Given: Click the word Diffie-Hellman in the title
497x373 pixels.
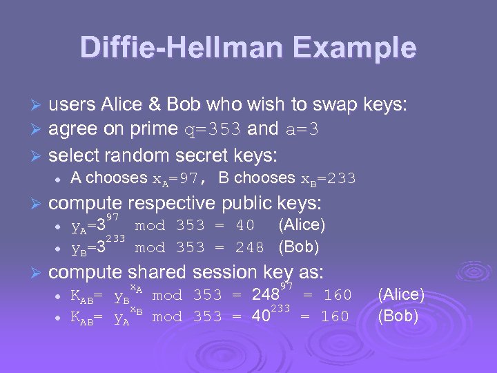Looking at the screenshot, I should [181, 48].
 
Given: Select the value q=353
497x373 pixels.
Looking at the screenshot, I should [214, 128].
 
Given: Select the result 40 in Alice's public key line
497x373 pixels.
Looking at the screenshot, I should [245, 225].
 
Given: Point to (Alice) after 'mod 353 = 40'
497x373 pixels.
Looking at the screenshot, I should [302, 224].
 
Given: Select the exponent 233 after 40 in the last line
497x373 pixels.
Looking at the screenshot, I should [280, 307].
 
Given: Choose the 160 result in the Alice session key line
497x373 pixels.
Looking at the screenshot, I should [338, 295].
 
